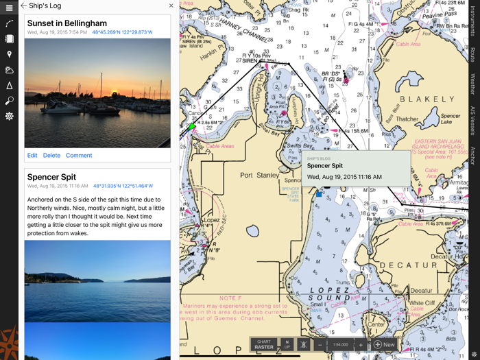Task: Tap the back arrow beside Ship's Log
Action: (23, 5)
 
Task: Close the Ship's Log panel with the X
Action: (171, 5)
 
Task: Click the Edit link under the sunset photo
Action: (32, 156)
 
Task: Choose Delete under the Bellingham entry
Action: (51, 156)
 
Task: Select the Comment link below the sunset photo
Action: (79, 156)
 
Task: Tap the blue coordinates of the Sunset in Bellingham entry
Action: (123, 32)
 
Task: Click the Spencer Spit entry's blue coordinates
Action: (123, 186)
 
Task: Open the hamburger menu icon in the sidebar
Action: (9, 8)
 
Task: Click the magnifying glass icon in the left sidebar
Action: (9, 101)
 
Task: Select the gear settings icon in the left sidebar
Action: (9, 117)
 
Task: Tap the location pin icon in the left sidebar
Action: (9, 54)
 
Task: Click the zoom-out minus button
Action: (320, 345)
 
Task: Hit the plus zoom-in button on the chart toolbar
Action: (361, 345)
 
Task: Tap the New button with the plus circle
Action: (384, 345)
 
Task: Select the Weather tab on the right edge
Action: (472, 84)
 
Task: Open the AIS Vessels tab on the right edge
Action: (472, 121)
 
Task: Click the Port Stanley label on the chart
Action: (260, 176)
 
